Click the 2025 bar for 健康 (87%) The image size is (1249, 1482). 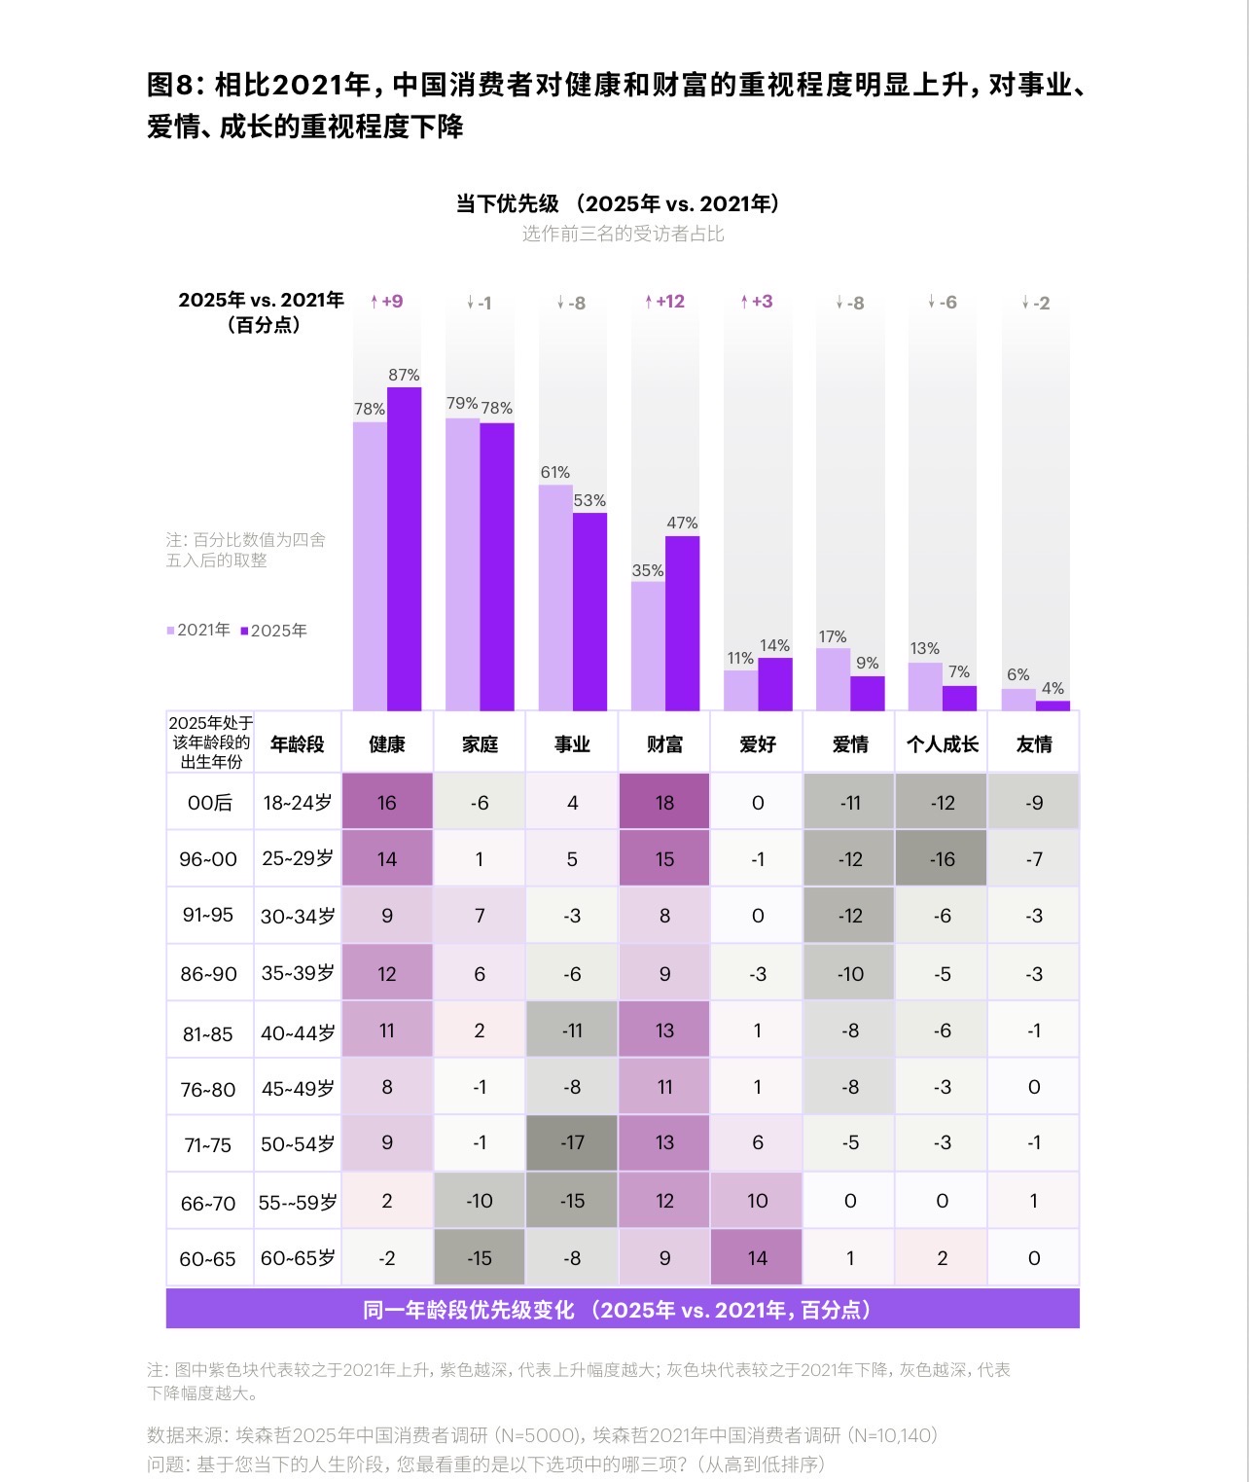[x=405, y=549]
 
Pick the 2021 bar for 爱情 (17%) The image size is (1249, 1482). [x=833, y=679]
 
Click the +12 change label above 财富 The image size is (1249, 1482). [x=664, y=302]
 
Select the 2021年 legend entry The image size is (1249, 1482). [x=198, y=630]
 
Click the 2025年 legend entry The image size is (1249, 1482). [x=273, y=631]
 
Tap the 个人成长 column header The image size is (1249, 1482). [x=942, y=744]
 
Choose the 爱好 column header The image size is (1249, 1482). [x=757, y=744]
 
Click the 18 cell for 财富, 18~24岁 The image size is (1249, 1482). [x=664, y=803]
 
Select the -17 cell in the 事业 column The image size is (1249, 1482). [x=572, y=1143]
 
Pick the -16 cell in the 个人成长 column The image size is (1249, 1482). [x=942, y=859]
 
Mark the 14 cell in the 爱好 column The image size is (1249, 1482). [x=757, y=1258]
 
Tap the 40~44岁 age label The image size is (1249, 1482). [x=298, y=1031]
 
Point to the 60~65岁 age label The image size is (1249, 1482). [x=298, y=1258]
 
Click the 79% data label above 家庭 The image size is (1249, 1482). [x=462, y=403]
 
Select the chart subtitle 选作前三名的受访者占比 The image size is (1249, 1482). [x=623, y=234]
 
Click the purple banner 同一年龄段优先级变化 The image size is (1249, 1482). [x=623, y=1310]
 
